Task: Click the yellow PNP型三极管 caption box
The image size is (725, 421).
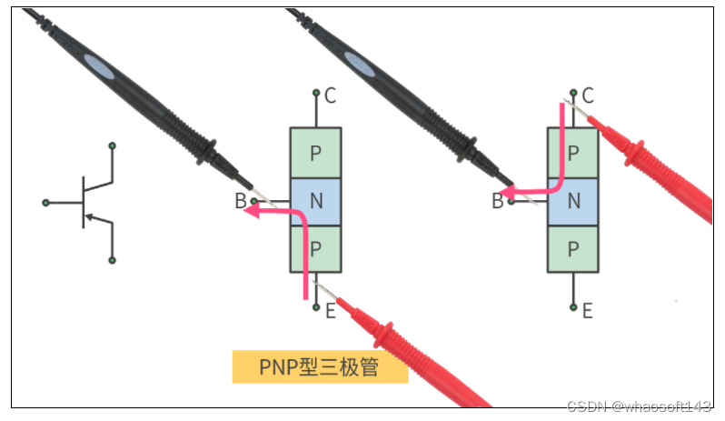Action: click(x=320, y=367)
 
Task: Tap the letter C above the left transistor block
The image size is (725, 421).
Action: click(x=330, y=95)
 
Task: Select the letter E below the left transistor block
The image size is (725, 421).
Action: click(x=330, y=311)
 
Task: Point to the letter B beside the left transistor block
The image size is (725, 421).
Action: click(x=240, y=202)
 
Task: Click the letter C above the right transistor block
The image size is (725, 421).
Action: click(x=588, y=95)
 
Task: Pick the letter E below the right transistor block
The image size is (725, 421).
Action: click(x=588, y=311)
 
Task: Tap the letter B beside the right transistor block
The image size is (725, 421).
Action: click(x=497, y=202)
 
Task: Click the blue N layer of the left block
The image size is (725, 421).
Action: click(x=315, y=202)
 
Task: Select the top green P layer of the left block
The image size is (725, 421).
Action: click(x=315, y=153)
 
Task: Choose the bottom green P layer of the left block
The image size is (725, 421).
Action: click(x=315, y=249)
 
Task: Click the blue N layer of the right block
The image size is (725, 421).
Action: click(x=573, y=202)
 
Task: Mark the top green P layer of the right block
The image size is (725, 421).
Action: click(x=573, y=153)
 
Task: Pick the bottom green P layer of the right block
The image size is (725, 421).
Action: click(x=573, y=249)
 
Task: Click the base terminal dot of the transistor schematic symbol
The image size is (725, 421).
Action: click(x=45, y=202)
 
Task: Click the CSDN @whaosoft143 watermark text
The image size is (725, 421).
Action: click(x=640, y=406)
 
